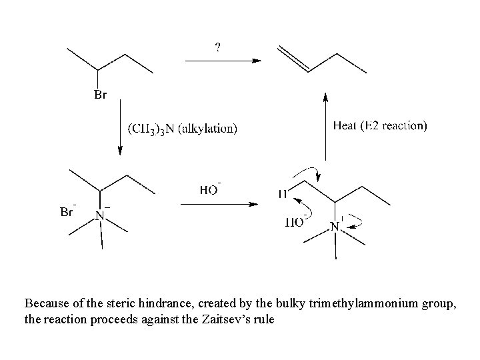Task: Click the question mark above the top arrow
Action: coord(218,47)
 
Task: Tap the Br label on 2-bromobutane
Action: coord(99,95)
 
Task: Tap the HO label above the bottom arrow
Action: coord(209,190)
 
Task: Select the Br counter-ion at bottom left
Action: coord(67,213)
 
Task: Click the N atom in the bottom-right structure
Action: coord(336,227)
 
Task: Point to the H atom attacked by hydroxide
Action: coord(284,194)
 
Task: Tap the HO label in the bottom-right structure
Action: coord(294,222)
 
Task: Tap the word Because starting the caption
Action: coord(47,303)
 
